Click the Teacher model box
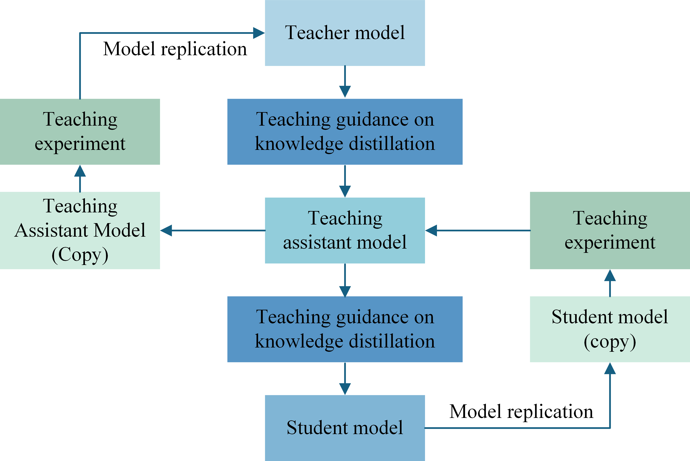pos(345,33)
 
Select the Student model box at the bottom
pos(345,428)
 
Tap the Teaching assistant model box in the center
pos(345,231)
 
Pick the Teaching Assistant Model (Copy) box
pos(80,231)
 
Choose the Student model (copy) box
pos(610,329)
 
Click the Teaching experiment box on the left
pos(80,132)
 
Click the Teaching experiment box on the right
pos(610,231)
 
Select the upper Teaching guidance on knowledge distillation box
pos(345,132)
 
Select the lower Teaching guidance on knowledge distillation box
pos(345,329)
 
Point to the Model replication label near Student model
pos(521,412)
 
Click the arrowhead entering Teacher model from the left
pos(259,33)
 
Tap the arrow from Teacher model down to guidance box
pos(345,82)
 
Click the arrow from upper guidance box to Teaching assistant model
pos(345,181)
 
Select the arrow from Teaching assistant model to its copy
pos(213,231)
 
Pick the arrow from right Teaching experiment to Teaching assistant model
pos(478,231)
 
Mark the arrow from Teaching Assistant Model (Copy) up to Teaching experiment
pos(80,178)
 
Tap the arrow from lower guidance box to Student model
pos(345,379)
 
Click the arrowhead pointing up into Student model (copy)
pos(610,368)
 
